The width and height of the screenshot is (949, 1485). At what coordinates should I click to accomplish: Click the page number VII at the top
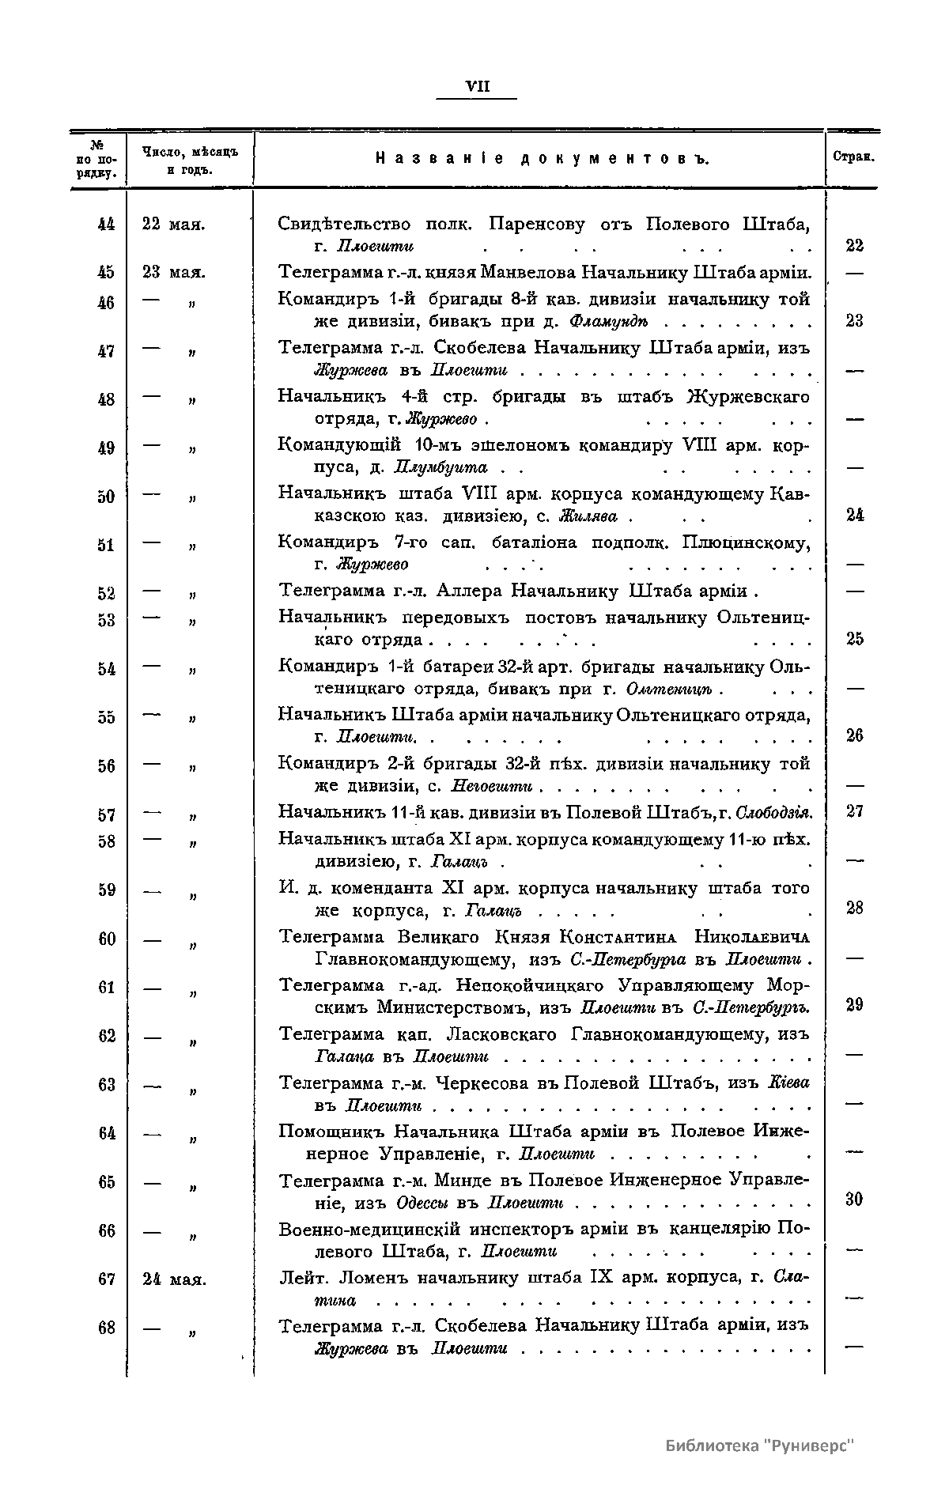(x=478, y=87)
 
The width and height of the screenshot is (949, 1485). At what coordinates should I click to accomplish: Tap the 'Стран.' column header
(x=853, y=157)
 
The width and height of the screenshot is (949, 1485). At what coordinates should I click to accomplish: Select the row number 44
(x=106, y=225)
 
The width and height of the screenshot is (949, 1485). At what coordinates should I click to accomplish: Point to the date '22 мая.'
(x=174, y=225)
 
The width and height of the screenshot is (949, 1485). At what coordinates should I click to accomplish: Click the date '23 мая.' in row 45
(x=174, y=273)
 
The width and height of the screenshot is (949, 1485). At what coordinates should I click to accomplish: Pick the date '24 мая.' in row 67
(x=174, y=1279)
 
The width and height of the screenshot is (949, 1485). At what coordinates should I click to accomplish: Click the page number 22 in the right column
(x=854, y=246)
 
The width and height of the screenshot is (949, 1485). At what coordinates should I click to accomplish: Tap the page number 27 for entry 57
(x=854, y=812)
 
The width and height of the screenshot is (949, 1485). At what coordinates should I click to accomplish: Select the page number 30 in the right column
(x=854, y=1200)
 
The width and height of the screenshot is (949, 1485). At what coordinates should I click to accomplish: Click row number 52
(x=106, y=594)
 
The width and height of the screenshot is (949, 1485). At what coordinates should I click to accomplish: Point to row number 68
(x=106, y=1328)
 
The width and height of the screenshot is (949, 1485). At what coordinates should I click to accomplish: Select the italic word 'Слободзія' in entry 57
(x=773, y=813)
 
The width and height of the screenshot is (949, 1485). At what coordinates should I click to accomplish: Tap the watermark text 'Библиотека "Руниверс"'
(x=760, y=1446)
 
